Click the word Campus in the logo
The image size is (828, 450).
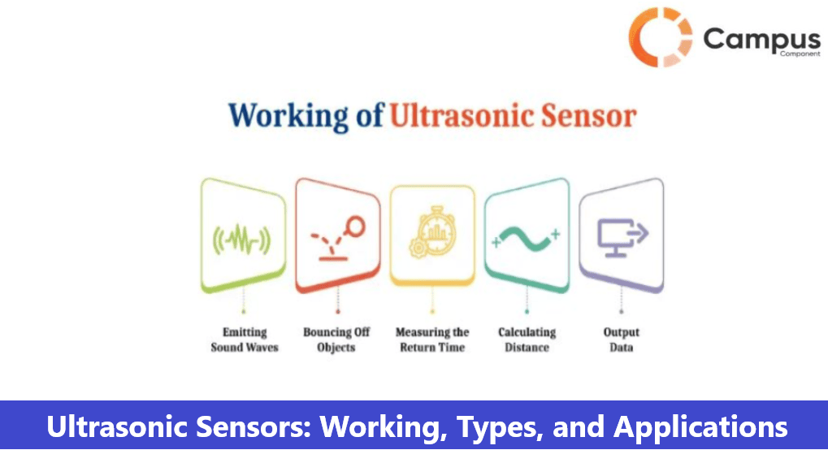click(761, 40)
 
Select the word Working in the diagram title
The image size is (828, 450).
click(288, 116)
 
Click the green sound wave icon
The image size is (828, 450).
click(242, 240)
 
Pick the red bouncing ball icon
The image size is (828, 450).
click(338, 238)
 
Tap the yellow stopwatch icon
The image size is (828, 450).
click(432, 231)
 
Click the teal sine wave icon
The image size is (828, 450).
click(526, 238)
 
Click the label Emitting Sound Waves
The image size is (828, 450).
click(245, 340)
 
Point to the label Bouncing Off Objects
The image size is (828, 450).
click(336, 340)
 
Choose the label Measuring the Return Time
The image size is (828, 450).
click(432, 340)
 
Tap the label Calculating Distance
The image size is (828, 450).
click(527, 340)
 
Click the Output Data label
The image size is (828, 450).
click(622, 340)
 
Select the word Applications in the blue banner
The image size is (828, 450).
click(700, 426)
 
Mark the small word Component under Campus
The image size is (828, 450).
click(800, 54)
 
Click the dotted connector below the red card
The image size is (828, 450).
click(338, 301)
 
